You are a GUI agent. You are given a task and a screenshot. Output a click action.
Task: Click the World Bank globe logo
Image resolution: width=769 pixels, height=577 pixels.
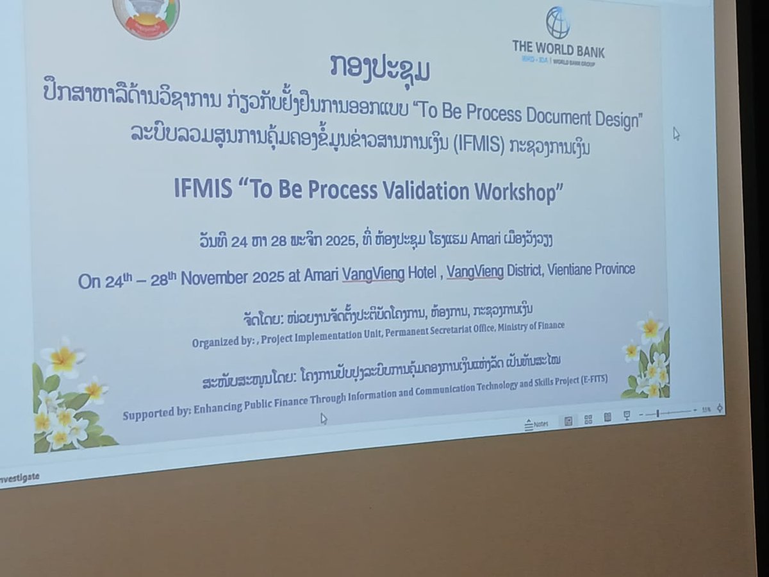[x=557, y=22]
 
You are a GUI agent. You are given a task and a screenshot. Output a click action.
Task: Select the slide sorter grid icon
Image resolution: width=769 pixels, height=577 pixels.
[x=588, y=420]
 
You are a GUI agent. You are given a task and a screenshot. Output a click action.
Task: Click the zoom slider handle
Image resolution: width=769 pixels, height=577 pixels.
[x=658, y=414]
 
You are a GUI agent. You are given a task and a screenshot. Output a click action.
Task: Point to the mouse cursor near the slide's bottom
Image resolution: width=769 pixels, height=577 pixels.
[x=324, y=419]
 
